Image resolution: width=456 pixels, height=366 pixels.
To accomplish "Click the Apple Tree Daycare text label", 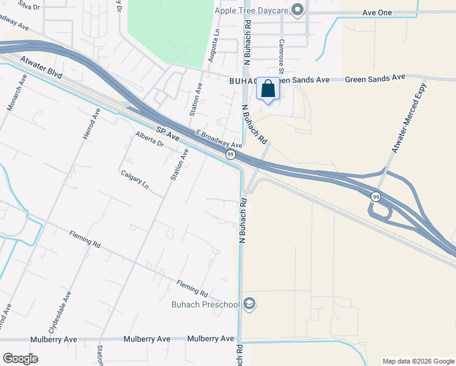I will (250, 10).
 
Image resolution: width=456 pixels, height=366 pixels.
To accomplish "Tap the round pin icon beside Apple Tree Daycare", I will (297, 9).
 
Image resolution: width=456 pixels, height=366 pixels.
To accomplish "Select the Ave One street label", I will (376, 12).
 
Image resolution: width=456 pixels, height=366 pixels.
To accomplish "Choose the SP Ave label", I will (168, 134).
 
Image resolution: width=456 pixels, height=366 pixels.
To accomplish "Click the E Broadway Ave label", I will (219, 140).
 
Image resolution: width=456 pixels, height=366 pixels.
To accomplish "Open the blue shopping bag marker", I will (268, 89).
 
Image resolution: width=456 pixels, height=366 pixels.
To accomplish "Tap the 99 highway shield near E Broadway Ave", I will (231, 155).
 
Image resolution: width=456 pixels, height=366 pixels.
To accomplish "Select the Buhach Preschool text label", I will (208, 303).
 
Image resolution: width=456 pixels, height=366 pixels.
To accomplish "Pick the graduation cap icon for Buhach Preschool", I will (249, 303).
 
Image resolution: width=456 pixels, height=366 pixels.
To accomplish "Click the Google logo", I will (20, 358).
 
